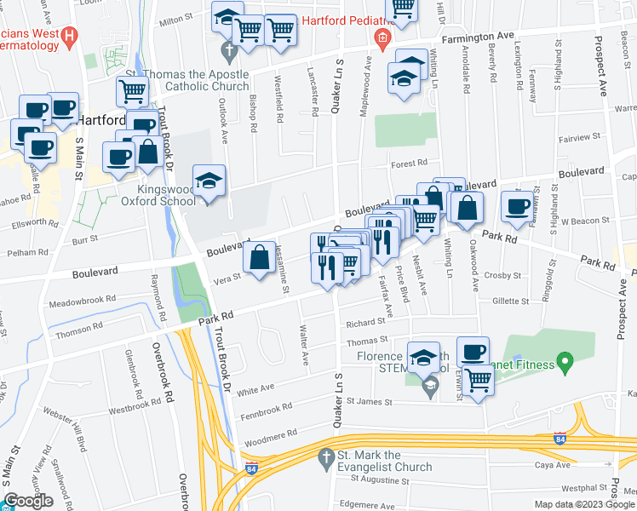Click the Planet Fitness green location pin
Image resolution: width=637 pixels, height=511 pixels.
pos(561,363)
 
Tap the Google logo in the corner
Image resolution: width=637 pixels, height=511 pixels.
pos(28,501)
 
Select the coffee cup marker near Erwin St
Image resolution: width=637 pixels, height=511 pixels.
pos(473,351)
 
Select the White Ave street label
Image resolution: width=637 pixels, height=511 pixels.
pos(255,388)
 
